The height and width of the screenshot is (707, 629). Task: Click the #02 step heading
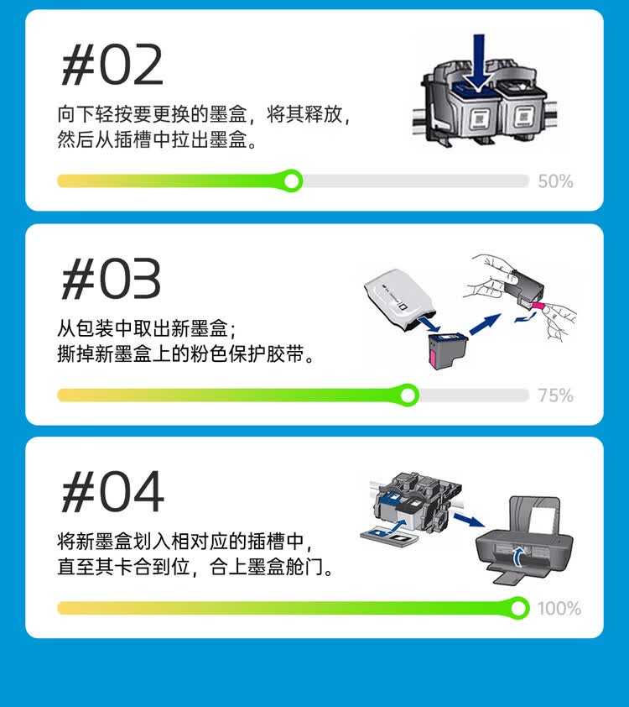[x=112, y=65]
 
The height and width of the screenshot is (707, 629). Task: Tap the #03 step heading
[x=112, y=280]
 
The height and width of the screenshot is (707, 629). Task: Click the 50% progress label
[x=555, y=181]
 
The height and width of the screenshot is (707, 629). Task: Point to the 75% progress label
[x=555, y=395]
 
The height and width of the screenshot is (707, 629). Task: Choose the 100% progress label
[x=559, y=608]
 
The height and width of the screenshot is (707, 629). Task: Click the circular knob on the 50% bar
[x=292, y=181]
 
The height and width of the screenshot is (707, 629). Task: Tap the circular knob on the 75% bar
[x=408, y=395]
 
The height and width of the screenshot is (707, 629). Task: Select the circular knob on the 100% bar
[x=519, y=607]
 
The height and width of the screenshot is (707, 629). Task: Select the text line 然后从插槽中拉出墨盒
[x=157, y=140]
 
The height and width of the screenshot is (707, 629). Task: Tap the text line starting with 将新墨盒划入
[x=190, y=542]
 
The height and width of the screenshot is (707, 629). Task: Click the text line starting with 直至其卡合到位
[x=195, y=568]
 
